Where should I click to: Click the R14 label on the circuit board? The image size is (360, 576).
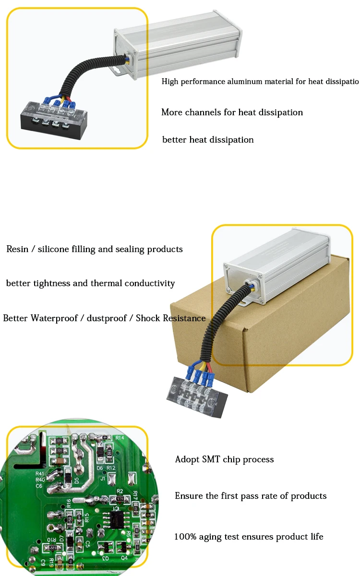point(120,438)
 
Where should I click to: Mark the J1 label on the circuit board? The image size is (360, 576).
point(102,479)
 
